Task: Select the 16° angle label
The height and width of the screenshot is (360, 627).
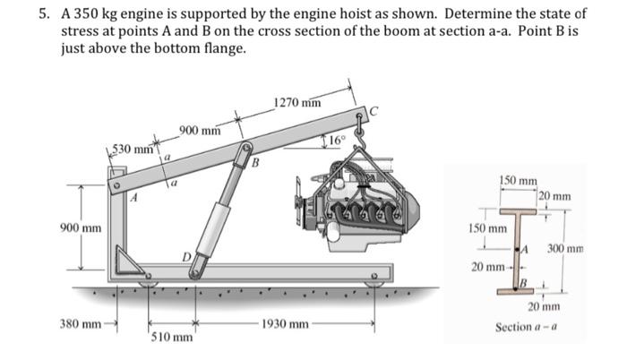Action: point(335,139)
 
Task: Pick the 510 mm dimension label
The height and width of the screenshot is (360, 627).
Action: point(168,338)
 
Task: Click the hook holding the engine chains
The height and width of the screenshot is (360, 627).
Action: point(362,134)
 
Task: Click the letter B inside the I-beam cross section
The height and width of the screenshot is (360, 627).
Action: point(525,283)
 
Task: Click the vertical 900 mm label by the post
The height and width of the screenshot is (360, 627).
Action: point(81,227)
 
